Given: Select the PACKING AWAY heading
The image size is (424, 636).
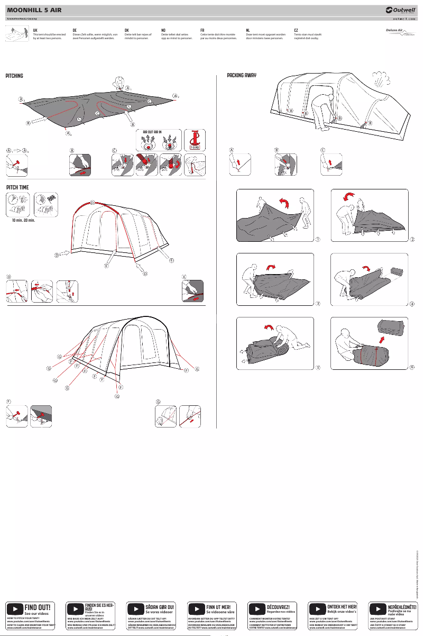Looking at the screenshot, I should [x=242, y=76].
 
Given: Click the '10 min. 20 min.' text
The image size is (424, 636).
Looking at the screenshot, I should [x=24, y=220].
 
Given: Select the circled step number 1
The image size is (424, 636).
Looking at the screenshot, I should [x=318, y=239].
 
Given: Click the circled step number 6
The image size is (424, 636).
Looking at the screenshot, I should [x=411, y=367].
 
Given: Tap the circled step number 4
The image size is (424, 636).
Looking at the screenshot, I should [x=411, y=304].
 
